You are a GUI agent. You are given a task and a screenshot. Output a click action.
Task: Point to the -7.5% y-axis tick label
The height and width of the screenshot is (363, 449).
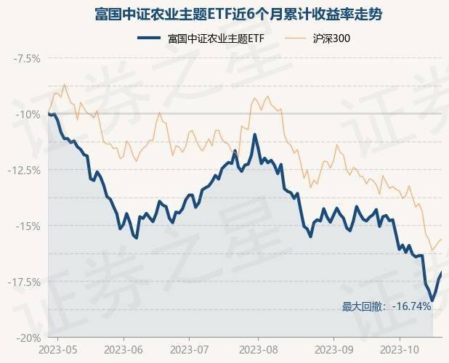point(27,58)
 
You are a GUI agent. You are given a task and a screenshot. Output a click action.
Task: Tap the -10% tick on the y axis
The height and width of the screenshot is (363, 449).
point(30,114)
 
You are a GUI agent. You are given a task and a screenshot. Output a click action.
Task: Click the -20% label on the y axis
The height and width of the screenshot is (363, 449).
point(30,338)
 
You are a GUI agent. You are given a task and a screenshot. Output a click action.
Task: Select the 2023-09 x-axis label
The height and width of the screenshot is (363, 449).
point(333,351)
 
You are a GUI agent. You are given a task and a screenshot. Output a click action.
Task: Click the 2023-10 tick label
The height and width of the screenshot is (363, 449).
point(401,351)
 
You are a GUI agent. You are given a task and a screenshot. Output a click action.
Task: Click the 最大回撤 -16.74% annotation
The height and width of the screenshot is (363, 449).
point(387,306)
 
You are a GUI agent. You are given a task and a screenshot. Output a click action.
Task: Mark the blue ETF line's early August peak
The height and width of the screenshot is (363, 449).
point(255,134)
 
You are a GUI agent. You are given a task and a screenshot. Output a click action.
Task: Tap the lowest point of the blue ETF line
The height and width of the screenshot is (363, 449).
point(432,300)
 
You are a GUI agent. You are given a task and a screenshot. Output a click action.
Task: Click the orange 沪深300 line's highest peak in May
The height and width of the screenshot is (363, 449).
point(65,85)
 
